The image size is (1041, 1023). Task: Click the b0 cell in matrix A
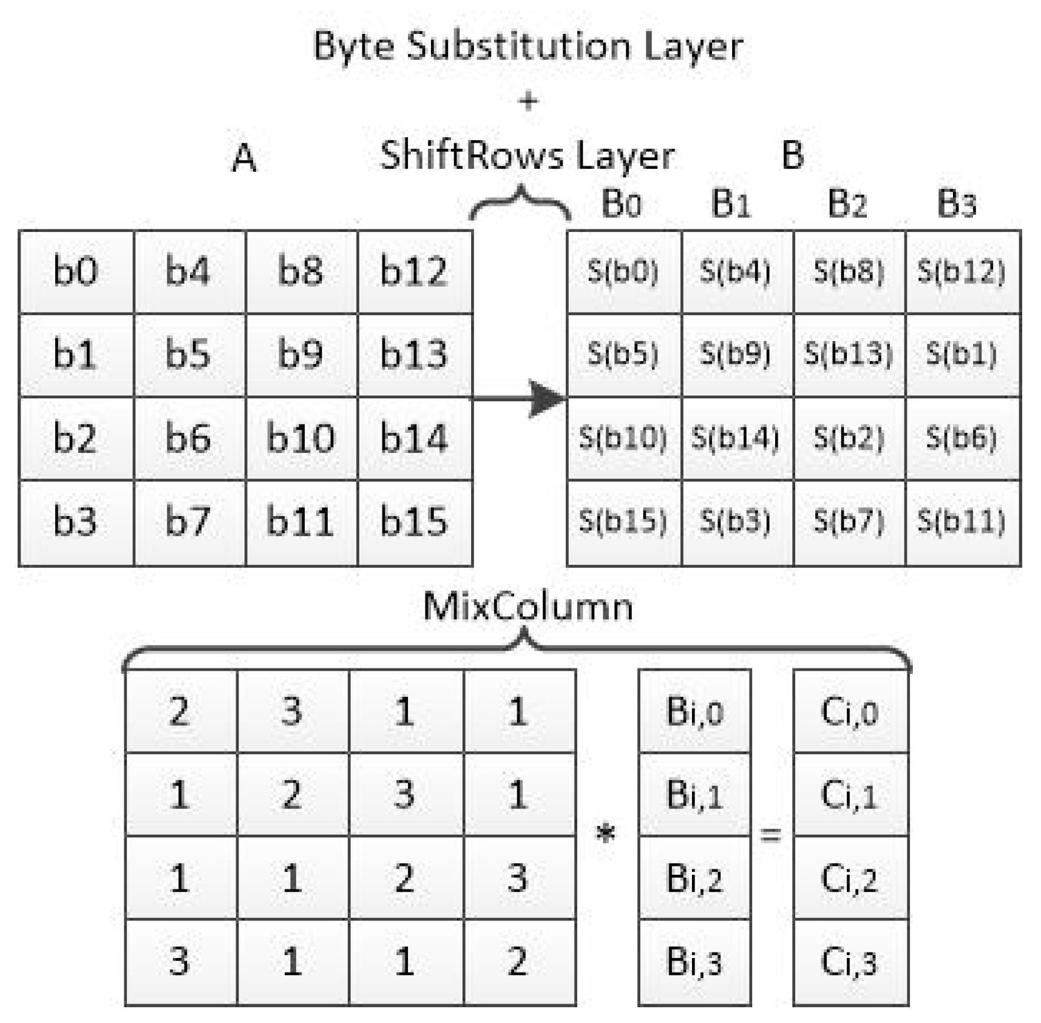tap(75, 271)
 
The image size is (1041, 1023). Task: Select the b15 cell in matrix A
tap(414, 521)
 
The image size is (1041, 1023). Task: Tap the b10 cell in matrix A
tap(300, 438)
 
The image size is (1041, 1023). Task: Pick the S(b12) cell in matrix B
tap(961, 271)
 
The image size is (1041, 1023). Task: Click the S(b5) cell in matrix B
tap(623, 354)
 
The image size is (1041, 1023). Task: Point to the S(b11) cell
tap(961, 521)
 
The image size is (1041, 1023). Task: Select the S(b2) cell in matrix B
tap(849, 438)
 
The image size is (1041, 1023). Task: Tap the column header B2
tap(847, 203)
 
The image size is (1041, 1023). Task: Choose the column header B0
tap(621, 203)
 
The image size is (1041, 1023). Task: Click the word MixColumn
tap(527, 607)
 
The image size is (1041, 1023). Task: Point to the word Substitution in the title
tap(518, 46)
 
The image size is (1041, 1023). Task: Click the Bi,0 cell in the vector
tap(694, 711)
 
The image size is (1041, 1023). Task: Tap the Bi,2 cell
tap(694, 878)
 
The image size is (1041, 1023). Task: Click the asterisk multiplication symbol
tap(605, 834)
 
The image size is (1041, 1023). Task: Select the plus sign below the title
tap(528, 101)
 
